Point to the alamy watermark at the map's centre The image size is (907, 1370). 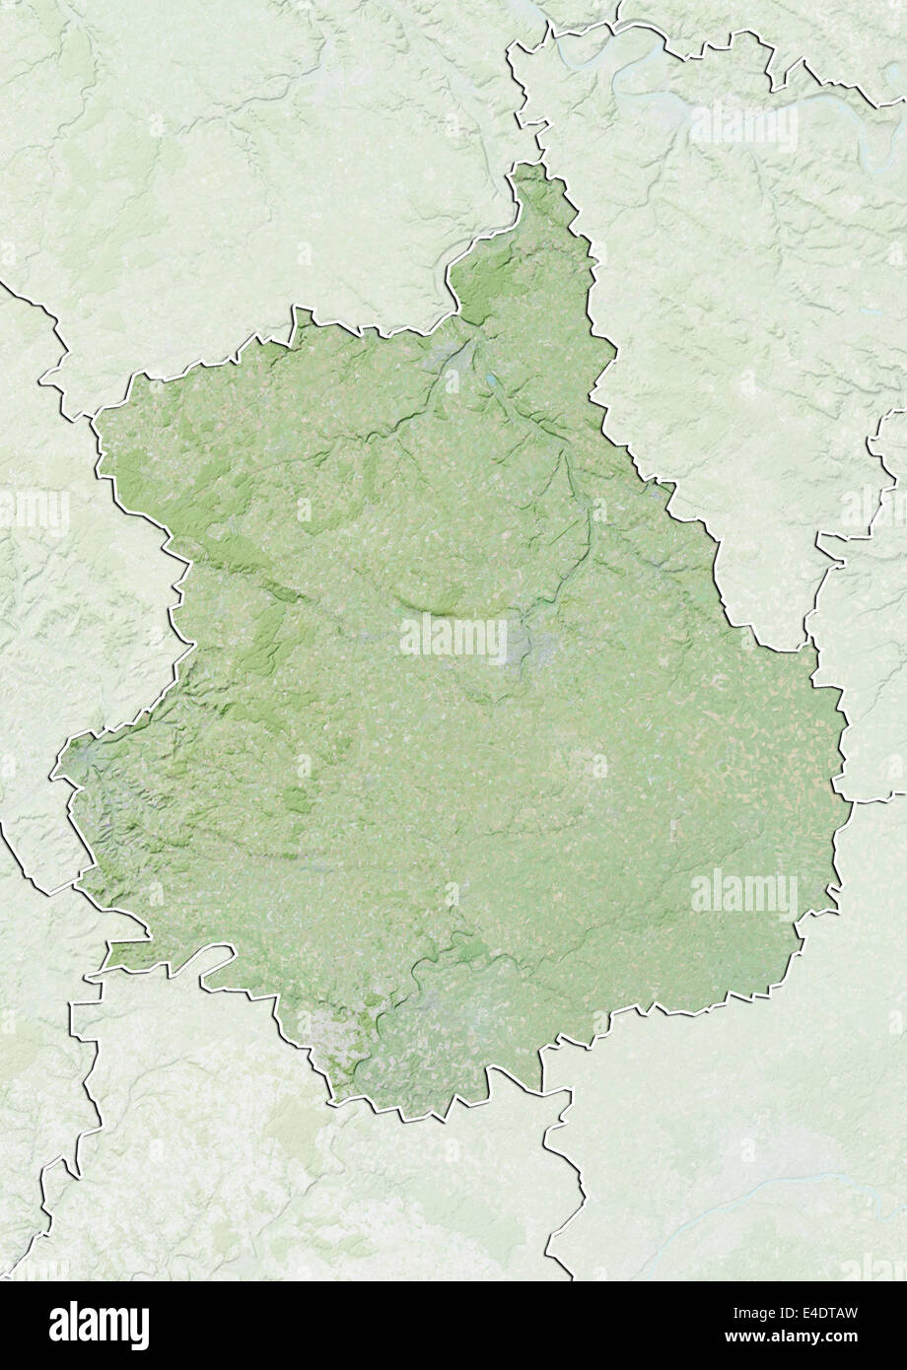(453, 638)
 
